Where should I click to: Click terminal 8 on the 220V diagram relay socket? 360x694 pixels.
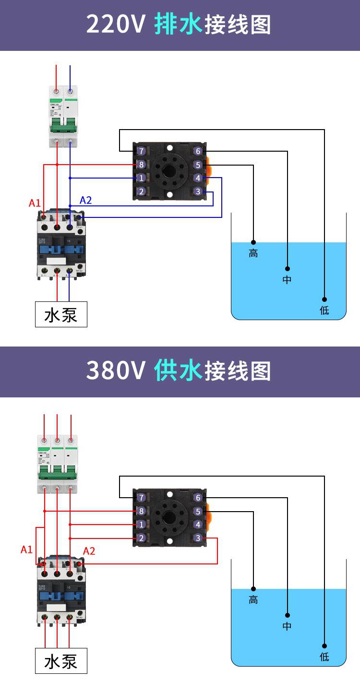pyautogui.click(x=141, y=165)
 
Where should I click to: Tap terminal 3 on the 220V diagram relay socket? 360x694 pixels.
pyautogui.click(x=198, y=191)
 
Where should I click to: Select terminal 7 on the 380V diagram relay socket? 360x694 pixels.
pyautogui.click(x=141, y=498)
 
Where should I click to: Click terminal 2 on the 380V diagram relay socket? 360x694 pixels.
pyautogui.click(x=141, y=538)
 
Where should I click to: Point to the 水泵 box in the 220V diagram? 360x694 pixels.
pyautogui.click(x=61, y=314)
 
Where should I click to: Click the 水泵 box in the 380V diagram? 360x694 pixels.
pyautogui.click(x=61, y=661)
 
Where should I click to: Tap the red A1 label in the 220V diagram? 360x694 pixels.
pyautogui.click(x=35, y=203)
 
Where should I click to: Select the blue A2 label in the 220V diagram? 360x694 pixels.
pyautogui.click(x=85, y=201)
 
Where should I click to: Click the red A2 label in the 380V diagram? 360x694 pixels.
pyautogui.click(x=89, y=551)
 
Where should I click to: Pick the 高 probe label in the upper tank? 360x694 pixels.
pyautogui.click(x=253, y=253)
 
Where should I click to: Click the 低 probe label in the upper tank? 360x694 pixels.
pyautogui.click(x=324, y=311)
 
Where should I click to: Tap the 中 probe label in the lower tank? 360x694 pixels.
pyautogui.click(x=287, y=626)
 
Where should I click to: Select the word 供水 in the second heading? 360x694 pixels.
pyautogui.click(x=178, y=371)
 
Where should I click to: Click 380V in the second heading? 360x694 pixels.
pyautogui.click(x=116, y=371)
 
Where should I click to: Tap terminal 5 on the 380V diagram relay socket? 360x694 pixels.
pyautogui.click(x=198, y=512)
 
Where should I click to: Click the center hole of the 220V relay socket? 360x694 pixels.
pyautogui.click(x=169, y=171)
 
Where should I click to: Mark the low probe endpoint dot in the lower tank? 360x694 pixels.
pyautogui.click(x=324, y=646)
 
